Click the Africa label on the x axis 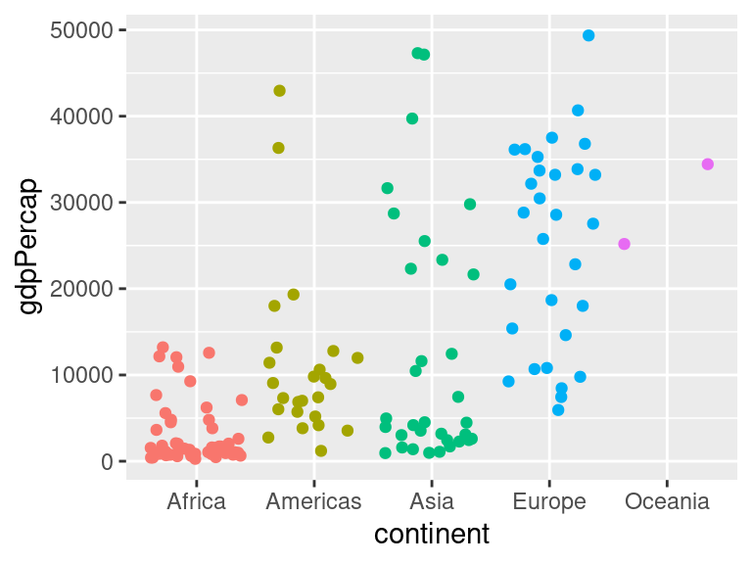[x=196, y=502]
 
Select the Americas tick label [x=313, y=502]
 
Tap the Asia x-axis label [x=431, y=502]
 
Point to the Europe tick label [x=549, y=502]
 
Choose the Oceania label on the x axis [x=667, y=502]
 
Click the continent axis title [x=432, y=535]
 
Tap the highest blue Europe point [x=588, y=35]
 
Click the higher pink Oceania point [x=708, y=164]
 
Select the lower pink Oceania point [x=625, y=244]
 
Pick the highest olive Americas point [x=279, y=91]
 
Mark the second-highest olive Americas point [x=278, y=148]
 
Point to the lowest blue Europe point [x=558, y=410]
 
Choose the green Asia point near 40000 [x=412, y=118]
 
